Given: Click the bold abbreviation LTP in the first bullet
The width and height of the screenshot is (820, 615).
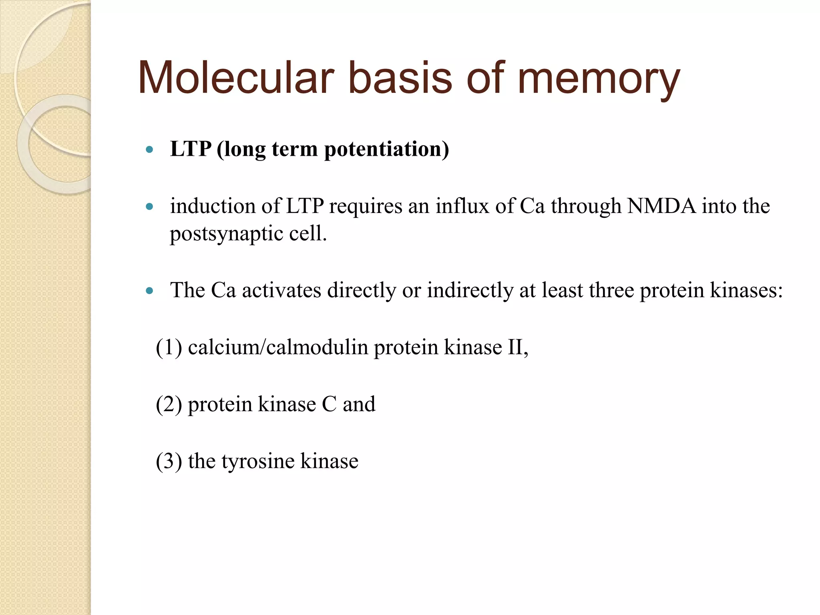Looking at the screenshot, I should point(191,149).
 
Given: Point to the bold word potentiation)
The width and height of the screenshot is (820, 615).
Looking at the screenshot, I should point(386,150).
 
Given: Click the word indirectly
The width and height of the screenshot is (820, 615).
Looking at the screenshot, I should point(470,291).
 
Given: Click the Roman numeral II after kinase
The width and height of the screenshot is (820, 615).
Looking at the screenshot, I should point(516,347).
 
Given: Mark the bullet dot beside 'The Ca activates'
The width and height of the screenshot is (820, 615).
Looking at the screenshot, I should point(150,291).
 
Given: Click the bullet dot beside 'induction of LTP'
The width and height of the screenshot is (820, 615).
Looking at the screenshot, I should point(150,207).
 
